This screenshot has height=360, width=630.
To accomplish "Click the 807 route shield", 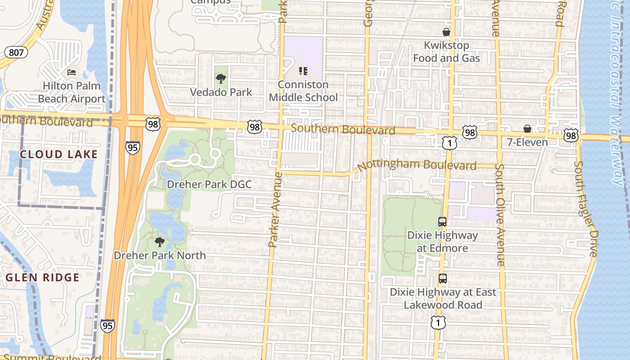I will pos(16,53).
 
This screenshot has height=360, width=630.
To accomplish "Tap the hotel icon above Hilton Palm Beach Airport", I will pos(72,72).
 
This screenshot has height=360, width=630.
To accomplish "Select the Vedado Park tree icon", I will pos(220,79).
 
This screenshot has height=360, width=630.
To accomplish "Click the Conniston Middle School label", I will pos(303,91).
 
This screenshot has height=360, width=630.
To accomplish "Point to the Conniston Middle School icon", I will pos(303,71).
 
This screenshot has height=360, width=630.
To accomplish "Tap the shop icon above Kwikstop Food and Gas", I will pos(446,32).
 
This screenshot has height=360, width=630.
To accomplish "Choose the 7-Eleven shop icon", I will pos(527,129).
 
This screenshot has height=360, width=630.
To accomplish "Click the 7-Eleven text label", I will pos(527,142).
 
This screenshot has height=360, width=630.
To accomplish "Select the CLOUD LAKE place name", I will pos(58,154).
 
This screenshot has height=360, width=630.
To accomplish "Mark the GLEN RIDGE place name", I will pos(43,277).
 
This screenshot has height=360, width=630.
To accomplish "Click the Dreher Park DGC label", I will pos(209,184).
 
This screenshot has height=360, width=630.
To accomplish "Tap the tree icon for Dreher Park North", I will pos(159,242).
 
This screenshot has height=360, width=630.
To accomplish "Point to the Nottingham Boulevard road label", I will pos(417,165).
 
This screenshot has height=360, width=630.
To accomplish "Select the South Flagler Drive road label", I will pos(585,209).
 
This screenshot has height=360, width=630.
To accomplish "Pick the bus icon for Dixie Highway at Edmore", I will pos(442,221).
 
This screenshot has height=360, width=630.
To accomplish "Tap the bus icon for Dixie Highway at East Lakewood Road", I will pos(442,278).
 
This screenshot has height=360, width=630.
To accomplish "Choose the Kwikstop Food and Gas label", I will pos(446,52).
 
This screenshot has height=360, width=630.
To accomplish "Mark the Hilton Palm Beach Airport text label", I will pos(72,92).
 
